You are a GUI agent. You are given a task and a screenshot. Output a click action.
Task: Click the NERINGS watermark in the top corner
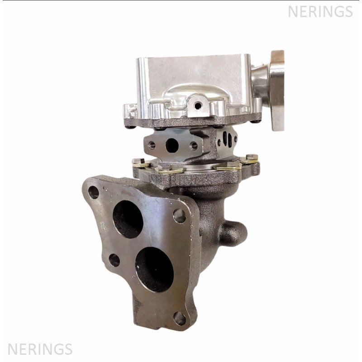320,11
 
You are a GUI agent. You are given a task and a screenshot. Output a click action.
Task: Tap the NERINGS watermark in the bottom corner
40,349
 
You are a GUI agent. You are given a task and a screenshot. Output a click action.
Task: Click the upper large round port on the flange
128,219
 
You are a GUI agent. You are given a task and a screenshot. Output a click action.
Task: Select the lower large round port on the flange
154,269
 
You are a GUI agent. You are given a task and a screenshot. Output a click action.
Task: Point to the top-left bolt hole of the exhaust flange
94,192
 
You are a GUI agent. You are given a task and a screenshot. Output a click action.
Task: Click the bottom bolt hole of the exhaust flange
180,319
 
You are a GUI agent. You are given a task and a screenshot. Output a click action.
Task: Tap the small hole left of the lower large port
114,260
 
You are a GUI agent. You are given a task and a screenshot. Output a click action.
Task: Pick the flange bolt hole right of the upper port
179,216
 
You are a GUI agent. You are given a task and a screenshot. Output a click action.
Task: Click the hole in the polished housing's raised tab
198,106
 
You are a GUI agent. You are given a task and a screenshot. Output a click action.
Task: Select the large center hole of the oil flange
172,145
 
